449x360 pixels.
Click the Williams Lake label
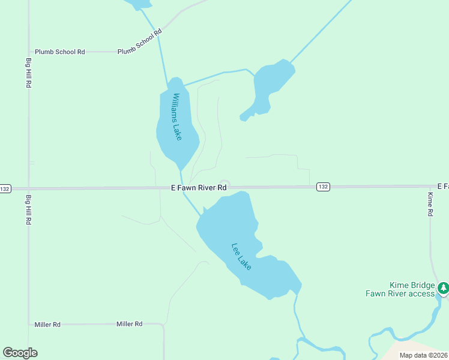tap(176, 116)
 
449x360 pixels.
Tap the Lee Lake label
tap(242, 256)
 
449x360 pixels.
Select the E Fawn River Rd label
tap(199, 188)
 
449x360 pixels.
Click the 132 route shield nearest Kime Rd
tap(324, 187)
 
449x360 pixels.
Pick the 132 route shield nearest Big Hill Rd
tap(5, 188)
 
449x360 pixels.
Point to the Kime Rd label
tap(430, 204)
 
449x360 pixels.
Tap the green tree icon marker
tap(443, 289)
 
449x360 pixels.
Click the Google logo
tap(20, 353)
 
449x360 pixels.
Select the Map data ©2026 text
tap(423, 355)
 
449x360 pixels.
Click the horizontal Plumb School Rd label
tap(59, 52)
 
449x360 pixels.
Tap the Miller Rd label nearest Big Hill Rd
tap(47, 325)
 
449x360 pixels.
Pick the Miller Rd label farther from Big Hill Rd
tap(129, 324)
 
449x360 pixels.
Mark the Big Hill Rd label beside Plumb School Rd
tap(28, 73)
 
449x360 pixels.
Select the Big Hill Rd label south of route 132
tap(28, 209)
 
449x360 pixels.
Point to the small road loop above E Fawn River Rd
tap(224, 184)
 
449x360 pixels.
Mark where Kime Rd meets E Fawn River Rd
tap(430, 187)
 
